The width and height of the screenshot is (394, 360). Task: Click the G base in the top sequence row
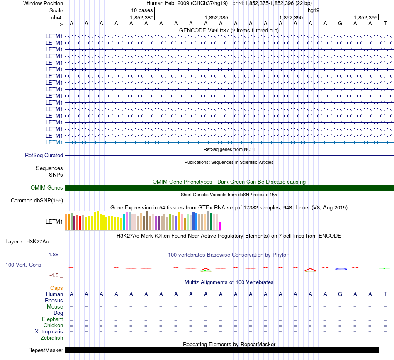tap(340, 24)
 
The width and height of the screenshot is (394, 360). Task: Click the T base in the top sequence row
tap(385, 24)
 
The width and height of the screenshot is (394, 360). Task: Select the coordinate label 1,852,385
tap(216, 17)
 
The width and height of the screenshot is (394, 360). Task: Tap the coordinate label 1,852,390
tap(291, 17)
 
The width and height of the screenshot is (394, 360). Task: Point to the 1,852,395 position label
tap(366, 17)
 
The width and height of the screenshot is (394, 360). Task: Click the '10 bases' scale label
tap(142, 10)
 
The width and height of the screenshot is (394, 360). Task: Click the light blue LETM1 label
tap(54, 142)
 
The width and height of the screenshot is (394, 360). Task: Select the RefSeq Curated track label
tap(44, 155)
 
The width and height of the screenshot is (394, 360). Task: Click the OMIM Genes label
tap(47, 187)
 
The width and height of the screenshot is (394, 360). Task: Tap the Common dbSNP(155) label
tap(37, 200)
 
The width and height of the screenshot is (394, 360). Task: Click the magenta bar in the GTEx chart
tap(220, 226)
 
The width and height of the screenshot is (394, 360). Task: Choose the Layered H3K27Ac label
tap(27, 242)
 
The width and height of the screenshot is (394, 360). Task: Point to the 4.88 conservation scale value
tap(53, 255)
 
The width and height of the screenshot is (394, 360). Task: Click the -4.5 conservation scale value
tap(54, 275)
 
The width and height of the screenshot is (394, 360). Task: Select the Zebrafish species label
tap(52, 338)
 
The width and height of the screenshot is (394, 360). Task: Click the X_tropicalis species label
tap(49, 332)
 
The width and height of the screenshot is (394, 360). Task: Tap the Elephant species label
tap(52, 319)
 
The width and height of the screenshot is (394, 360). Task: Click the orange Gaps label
tap(56, 288)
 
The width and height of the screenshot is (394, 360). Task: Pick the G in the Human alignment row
tap(340, 294)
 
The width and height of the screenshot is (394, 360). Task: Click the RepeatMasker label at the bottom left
tap(46, 350)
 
